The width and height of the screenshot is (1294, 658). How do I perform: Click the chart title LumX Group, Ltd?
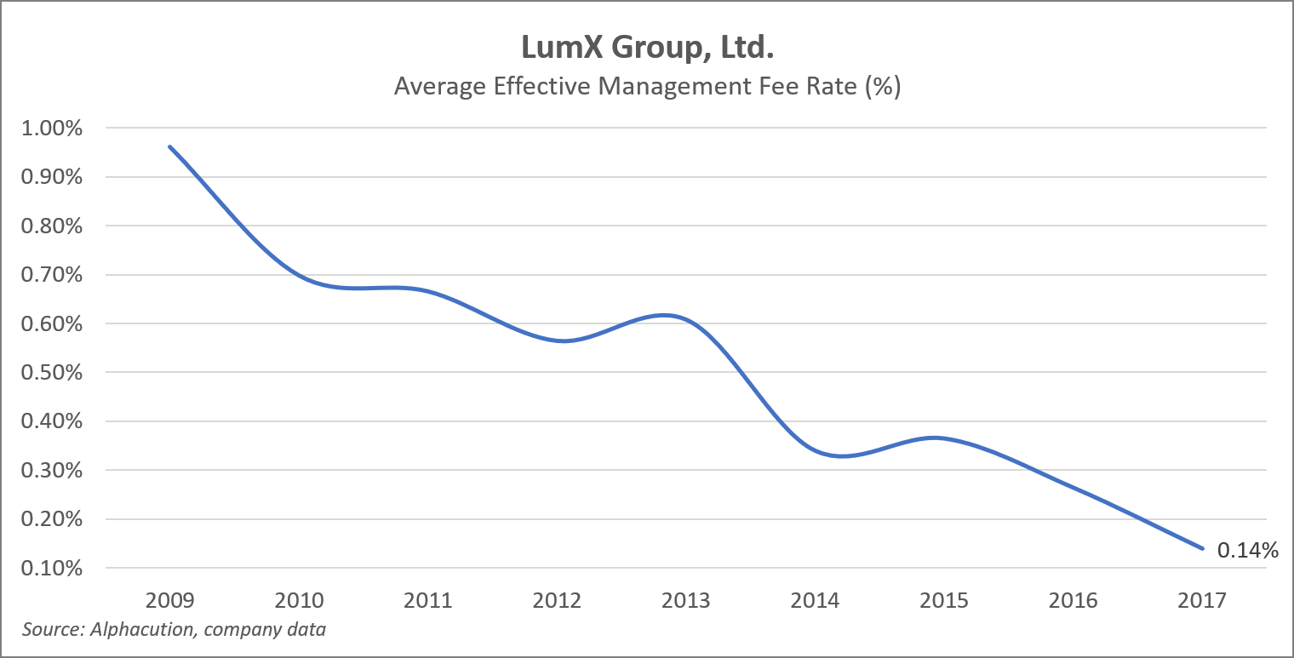(x=647, y=48)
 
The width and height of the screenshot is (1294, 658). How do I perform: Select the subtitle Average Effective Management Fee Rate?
(x=647, y=87)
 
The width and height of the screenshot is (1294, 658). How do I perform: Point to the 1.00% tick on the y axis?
(x=54, y=129)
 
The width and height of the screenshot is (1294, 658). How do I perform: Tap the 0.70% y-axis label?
(x=54, y=275)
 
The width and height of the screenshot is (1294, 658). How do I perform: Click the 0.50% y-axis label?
(x=54, y=373)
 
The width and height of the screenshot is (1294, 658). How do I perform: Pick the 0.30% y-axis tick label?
(x=54, y=471)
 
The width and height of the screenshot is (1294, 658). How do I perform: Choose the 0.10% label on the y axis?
(x=54, y=568)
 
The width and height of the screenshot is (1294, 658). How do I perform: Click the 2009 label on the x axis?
(x=170, y=601)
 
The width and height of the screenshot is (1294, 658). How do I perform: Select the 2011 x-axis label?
(x=428, y=601)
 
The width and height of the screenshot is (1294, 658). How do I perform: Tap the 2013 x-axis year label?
(x=686, y=601)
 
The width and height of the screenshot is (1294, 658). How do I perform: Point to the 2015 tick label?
(x=944, y=601)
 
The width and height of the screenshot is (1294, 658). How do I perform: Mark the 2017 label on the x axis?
(x=1202, y=601)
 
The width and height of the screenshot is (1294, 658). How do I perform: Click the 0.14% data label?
(x=1248, y=551)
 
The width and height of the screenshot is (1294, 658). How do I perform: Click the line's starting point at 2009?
(x=170, y=146)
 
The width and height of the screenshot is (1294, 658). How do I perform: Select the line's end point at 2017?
(x=1202, y=548)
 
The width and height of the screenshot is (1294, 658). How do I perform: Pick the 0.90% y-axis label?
(x=54, y=177)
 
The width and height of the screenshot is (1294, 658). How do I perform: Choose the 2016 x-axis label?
(x=1073, y=601)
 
